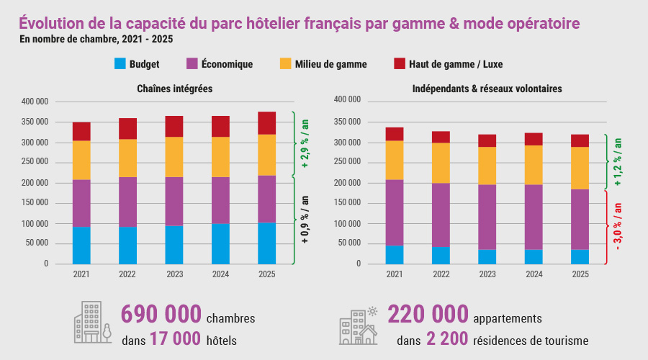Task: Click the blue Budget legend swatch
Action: click(x=120, y=64)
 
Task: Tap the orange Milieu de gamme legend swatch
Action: click(x=284, y=64)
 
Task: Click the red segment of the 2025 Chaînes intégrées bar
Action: click(x=266, y=123)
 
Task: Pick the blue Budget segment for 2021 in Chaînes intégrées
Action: click(x=81, y=246)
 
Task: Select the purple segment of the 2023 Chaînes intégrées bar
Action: click(x=174, y=202)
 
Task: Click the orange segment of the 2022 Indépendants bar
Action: click(x=441, y=163)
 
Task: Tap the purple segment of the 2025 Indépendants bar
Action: click(x=580, y=220)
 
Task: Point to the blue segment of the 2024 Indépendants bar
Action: click(x=534, y=256)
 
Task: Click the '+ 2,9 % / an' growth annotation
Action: click(x=305, y=144)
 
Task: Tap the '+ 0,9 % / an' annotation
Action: click(x=305, y=220)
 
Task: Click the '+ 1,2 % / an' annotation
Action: click(x=618, y=163)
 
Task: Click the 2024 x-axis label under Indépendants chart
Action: click(x=534, y=274)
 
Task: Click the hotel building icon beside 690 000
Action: click(x=92, y=323)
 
